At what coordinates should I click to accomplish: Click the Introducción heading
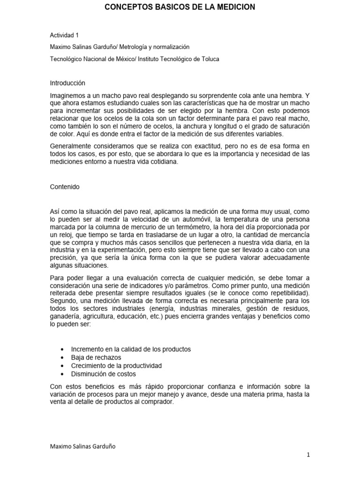67,83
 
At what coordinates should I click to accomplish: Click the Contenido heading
65,187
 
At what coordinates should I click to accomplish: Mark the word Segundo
63,302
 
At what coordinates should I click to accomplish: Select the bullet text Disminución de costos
103,374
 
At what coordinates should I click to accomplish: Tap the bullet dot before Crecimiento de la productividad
62,366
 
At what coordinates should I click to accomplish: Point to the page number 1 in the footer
308,455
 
